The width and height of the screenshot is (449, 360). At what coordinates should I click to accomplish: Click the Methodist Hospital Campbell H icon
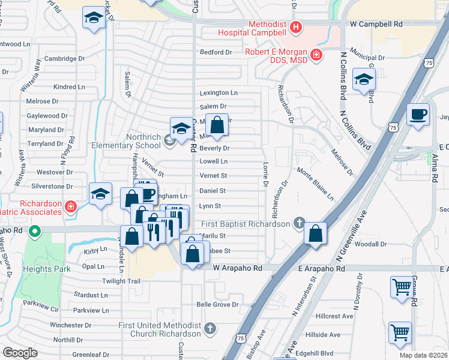(x=295, y=27)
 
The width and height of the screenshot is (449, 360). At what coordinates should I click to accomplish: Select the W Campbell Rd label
(x=376, y=25)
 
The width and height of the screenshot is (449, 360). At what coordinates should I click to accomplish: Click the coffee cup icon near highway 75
(x=418, y=113)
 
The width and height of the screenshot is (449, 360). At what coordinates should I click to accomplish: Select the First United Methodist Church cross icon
(x=209, y=329)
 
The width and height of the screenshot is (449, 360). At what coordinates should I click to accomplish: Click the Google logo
(x=20, y=353)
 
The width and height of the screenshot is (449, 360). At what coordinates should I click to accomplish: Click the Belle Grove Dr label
(x=217, y=305)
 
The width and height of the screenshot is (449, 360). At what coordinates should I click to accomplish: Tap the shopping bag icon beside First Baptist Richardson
(x=315, y=233)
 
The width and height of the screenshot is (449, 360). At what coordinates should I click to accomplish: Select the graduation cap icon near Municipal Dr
(x=364, y=80)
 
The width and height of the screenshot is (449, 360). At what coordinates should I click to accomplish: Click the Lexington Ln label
(x=218, y=93)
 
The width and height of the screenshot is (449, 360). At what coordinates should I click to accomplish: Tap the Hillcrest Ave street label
(x=335, y=316)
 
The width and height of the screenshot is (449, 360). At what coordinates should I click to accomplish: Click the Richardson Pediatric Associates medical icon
(x=70, y=207)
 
